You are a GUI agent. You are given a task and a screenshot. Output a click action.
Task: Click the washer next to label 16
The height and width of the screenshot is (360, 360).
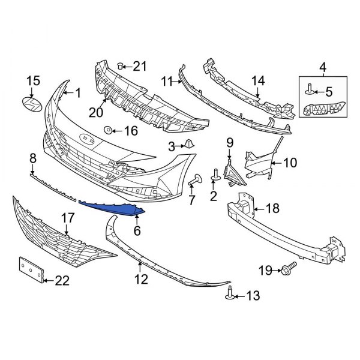(109, 130)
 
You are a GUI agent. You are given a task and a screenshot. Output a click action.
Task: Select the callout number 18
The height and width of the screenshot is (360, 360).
(273, 209)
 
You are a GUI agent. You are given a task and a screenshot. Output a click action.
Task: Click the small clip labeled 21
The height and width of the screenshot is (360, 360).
(120, 64)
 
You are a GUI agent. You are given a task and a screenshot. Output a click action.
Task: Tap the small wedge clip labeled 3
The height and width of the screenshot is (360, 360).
(187, 145)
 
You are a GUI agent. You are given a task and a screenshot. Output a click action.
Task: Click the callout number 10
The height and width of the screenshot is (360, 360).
(290, 161)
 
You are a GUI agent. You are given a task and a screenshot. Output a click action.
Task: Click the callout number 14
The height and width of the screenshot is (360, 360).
(257, 80)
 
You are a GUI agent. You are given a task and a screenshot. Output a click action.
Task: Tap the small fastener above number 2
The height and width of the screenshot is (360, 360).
(214, 175)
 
